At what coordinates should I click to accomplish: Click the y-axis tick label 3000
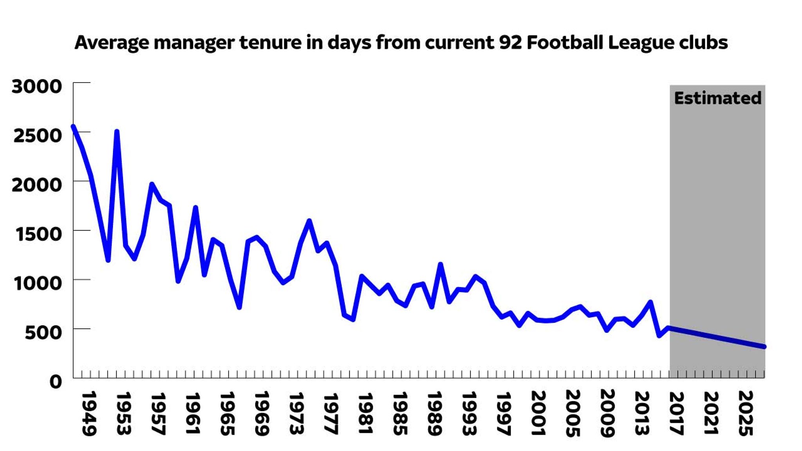coord(37,87)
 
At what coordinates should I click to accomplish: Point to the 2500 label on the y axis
coord(38,136)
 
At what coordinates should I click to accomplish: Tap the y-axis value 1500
coord(38,234)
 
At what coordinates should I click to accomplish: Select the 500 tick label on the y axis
coord(43,332)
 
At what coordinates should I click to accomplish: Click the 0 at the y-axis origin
coord(56,381)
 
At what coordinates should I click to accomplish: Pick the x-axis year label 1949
coord(89,413)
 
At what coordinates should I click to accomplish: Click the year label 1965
coord(227,413)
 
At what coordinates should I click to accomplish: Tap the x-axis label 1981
coord(365,413)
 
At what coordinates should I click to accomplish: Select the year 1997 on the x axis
coord(503,413)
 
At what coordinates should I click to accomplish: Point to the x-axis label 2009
coord(607,413)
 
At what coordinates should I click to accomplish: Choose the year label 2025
coord(745,413)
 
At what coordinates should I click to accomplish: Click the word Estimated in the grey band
coord(717,98)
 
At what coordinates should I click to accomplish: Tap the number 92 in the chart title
coord(510,42)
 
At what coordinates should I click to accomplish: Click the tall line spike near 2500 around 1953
coord(117,132)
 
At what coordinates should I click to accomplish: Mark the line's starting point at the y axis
coord(73,126)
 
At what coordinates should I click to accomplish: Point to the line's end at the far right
coord(764,346)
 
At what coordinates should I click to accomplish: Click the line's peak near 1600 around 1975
coord(309,221)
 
